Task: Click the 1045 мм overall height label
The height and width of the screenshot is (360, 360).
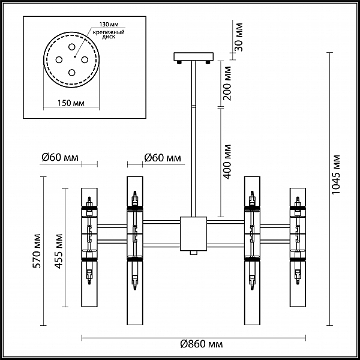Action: click(x=335, y=175)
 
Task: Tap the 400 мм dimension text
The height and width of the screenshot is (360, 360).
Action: click(x=227, y=161)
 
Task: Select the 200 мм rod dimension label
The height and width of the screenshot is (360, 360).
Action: click(x=227, y=83)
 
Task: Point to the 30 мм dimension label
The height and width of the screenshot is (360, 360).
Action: click(x=239, y=37)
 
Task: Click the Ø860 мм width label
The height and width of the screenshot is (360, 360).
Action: click(x=202, y=344)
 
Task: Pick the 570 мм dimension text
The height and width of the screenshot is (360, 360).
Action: click(x=37, y=251)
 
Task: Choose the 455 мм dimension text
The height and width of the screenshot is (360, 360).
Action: click(x=59, y=251)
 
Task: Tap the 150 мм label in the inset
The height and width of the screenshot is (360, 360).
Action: click(x=71, y=103)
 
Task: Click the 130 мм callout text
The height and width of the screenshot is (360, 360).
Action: click(x=109, y=25)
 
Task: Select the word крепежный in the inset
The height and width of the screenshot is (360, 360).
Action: click(x=109, y=32)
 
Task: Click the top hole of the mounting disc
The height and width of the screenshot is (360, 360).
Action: click(x=71, y=47)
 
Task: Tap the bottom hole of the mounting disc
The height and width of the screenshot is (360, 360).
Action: click(x=71, y=73)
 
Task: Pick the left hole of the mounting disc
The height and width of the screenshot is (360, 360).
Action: click(x=59, y=59)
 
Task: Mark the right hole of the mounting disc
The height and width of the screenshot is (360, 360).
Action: click(x=85, y=59)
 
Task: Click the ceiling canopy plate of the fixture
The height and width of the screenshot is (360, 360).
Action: click(x=194, y=56)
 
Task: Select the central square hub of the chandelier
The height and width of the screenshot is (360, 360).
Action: click(x=194, y=234)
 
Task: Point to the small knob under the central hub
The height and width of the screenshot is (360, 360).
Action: click(x=194, y=253)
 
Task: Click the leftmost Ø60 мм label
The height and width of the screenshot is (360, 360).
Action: click(x=60, y=157)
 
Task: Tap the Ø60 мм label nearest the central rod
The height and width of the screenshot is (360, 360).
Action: click(x=163, y=158)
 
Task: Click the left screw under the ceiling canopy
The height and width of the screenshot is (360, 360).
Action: click(x=179, y=62)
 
